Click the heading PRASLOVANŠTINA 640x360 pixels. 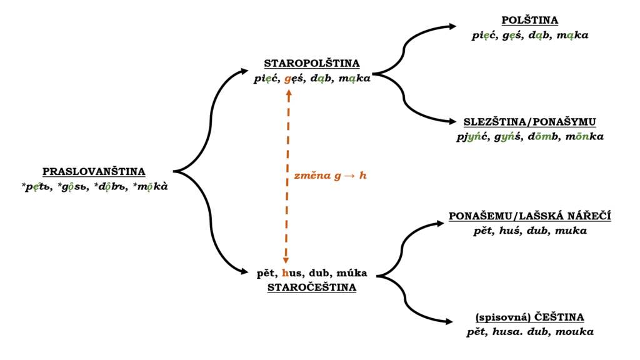[94, 171]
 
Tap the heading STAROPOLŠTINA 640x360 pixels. [311, 63]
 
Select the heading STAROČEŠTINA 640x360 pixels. [311, 287]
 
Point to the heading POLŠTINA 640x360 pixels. [529, 21]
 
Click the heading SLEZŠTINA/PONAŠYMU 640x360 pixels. [529, 121]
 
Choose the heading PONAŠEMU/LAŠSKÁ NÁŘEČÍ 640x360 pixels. [529, 216]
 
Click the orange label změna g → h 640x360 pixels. [330, 176]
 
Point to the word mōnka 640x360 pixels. [585, 136]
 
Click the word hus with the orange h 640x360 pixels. [292, 273]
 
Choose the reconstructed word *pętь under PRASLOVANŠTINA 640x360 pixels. [37, 186]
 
